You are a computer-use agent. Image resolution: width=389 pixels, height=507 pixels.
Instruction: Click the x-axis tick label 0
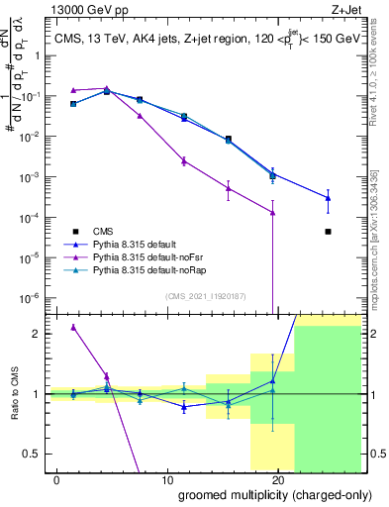coord(56,479)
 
